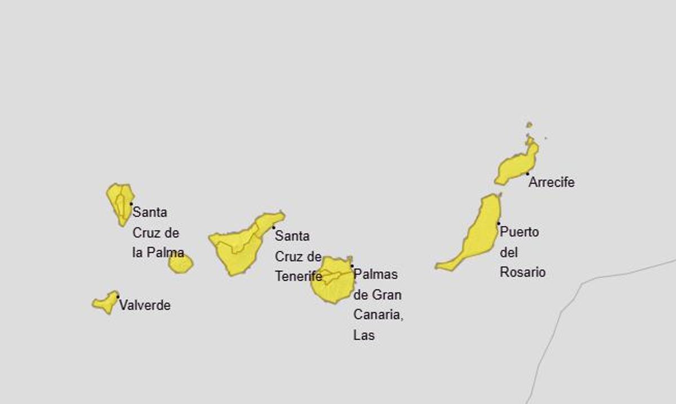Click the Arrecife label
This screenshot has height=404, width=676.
[551, 182]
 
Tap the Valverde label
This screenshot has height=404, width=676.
[145, 306]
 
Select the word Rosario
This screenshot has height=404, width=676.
[523, 272]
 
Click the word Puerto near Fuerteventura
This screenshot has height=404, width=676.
[519, 232]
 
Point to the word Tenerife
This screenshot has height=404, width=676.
[298, 276]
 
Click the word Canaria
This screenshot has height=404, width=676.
[378, 315]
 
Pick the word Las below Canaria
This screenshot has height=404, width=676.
[364, 335]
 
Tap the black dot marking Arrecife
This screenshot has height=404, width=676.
[527, 174]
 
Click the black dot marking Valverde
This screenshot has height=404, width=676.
[118, 296]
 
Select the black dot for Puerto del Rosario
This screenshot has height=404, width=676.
[499, 223]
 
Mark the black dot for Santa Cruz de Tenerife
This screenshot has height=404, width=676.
[274, 227]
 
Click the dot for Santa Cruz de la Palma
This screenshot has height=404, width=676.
[131, 204]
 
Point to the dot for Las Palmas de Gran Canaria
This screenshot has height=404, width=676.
[352, 266]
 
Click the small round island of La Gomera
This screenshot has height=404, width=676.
[180, 264]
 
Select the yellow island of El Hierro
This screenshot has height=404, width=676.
[105, 303]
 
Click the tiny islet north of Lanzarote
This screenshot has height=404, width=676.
[529, 125]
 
